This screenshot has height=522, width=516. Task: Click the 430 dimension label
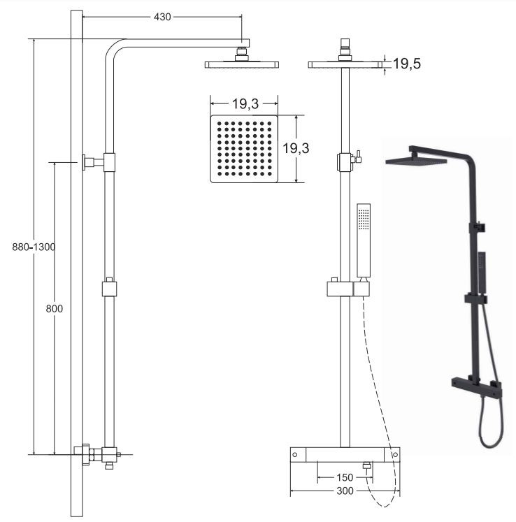click(x=162, y=17)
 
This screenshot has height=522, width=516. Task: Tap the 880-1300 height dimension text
click(x=34, y=247)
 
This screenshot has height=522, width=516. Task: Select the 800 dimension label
click(x=55, y=309)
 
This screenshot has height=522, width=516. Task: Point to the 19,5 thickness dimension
click(x=407, y=64)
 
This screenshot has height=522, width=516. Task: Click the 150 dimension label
click(x=345, y=477)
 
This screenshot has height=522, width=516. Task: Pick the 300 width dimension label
click(x=345, y=491)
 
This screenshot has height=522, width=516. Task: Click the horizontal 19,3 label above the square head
click(x=245, y=103)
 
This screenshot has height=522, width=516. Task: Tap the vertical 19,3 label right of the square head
click(x=296, y=148)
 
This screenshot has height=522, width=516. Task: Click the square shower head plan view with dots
click(x=244, y=149)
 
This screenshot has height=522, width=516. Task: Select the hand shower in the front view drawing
click(x=364, y=240)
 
